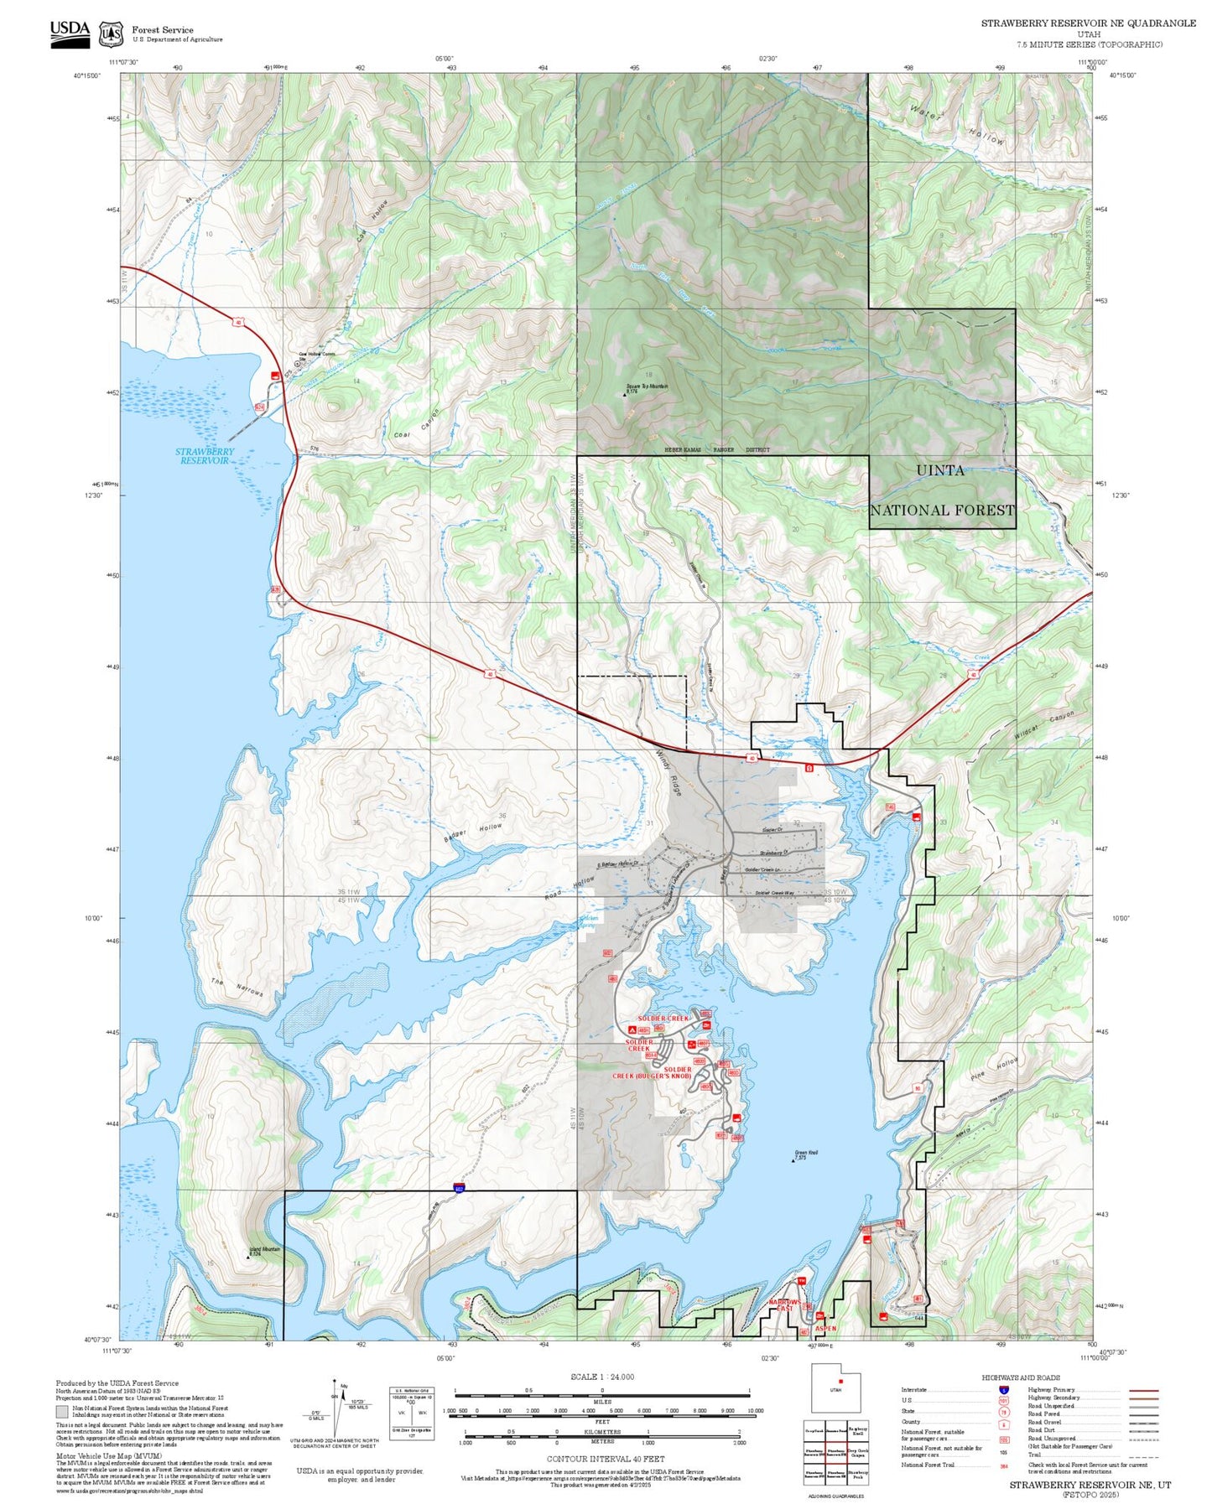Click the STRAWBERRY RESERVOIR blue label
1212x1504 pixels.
click(205, 456)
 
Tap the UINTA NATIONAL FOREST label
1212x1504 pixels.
click(941, 490)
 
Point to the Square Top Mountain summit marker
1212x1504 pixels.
click(625, 394)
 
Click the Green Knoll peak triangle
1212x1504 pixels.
click(794, 1160)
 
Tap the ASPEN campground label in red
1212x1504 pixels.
click(825, 1328)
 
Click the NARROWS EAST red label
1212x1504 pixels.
click(785, 1305)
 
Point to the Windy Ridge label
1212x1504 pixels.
click(668, 771)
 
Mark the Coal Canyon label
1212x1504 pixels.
click(417, 424)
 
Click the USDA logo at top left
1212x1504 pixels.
click(70, 34)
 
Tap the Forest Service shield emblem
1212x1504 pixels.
click(111, 34)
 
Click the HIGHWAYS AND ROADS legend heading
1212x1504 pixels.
click(1020, 1377)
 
